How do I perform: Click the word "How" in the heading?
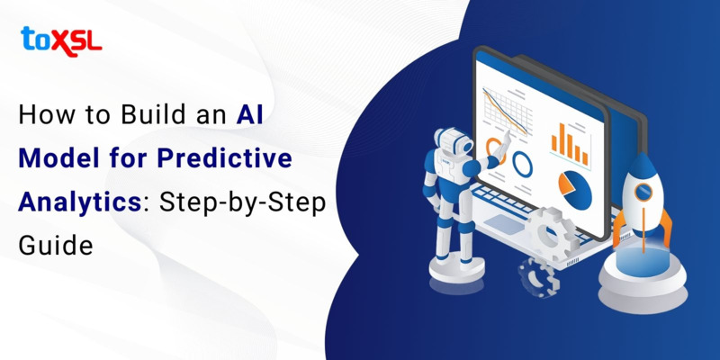coord(42,115)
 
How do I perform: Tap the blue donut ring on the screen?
coord(523,164)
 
